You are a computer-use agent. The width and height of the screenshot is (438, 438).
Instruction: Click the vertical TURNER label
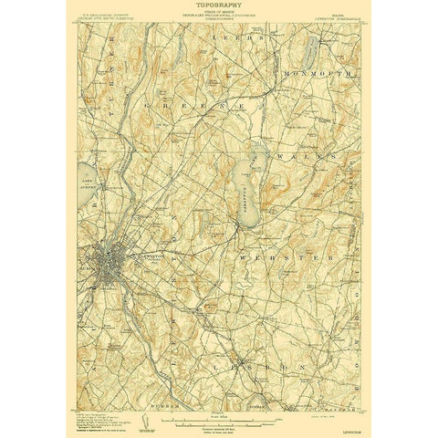click(104, 64)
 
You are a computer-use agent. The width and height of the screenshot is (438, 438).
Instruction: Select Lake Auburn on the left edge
click(89, 178)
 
